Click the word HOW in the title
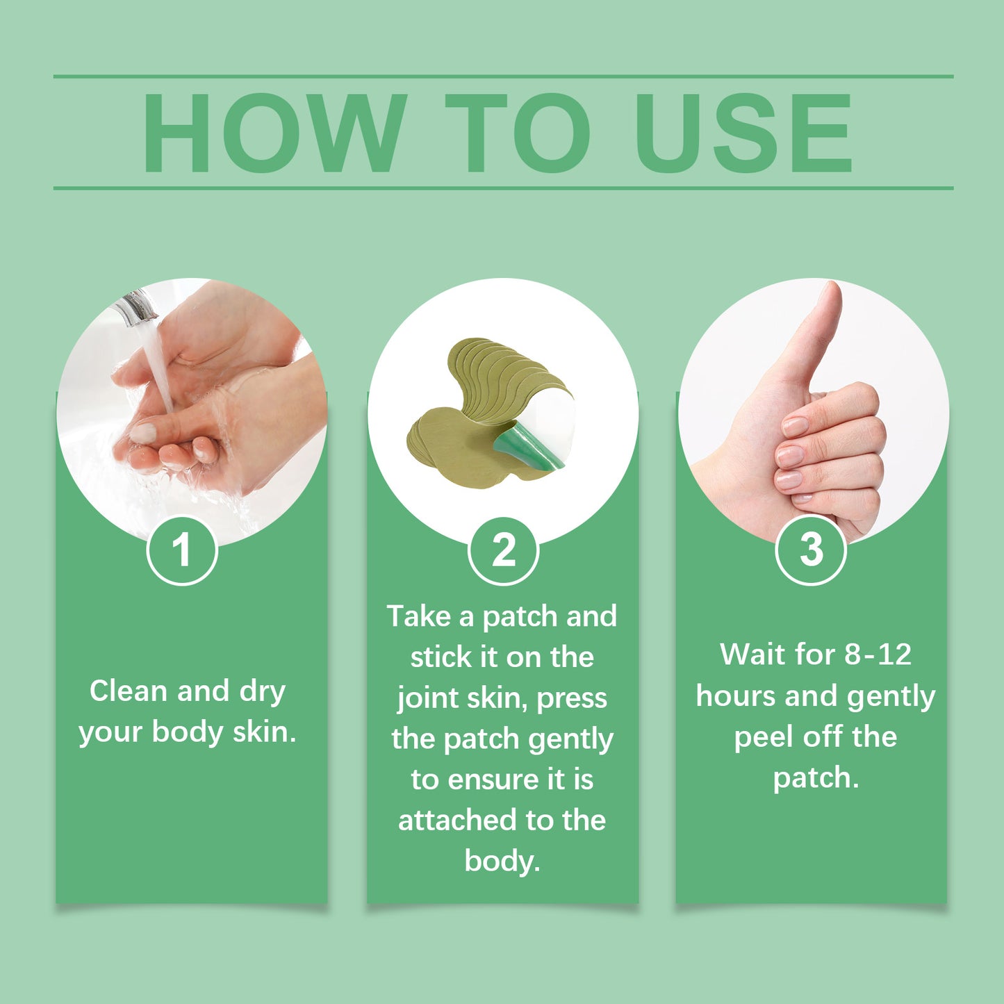(274, 133)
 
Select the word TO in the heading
(518, 133)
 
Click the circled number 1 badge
(182, 550)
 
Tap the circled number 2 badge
(503, 550)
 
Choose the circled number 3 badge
(810, 550)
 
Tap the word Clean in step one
(129, 691)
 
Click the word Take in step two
(418, 616)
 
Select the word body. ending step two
(502, 862)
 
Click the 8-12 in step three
(877, 655)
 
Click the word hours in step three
(736, 696)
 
